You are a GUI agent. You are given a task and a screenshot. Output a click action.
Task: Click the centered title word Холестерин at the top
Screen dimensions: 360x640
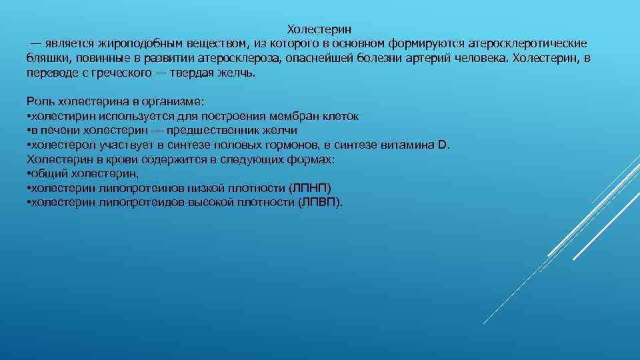319,29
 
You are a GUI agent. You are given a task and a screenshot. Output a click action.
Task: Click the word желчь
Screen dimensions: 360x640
239,73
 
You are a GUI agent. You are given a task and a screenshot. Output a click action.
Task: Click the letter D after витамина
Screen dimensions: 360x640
444,145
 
